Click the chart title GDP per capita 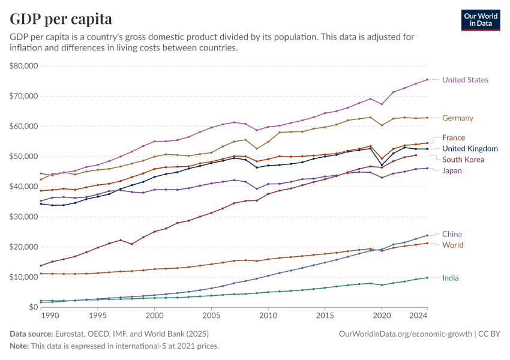click(x=61, y=19)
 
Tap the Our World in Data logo click(x=480, y=20)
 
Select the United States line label click(x=465, y=80)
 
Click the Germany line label click(x=458, y=118)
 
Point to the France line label click(x=454, y=137)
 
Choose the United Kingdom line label click(x=470, y=149)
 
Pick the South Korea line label click(x=463, y=160)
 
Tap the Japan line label click(x=452, y=170)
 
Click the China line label click(x=452, y=234)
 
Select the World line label click(x=452, y=245)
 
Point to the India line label click(x=451, y=278)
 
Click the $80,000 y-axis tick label click(x=25, y=65)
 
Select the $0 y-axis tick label click(x=33, y=307)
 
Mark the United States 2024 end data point click(x=427, y=79)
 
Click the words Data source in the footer click(x=31, y=333)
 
